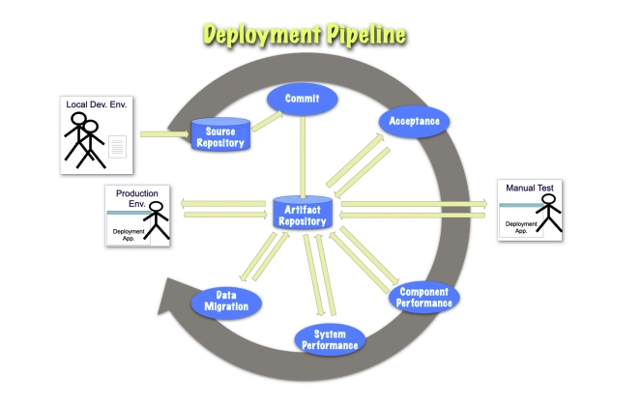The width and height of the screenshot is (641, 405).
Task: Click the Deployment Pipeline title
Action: click(305, 36)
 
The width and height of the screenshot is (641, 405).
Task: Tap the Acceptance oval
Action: click(414, 123)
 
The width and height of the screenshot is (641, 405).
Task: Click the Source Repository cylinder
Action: click(220, 136)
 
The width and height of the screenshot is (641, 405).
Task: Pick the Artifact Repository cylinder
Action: click(303, 212)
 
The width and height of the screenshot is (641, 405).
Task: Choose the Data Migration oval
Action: click(226, 302)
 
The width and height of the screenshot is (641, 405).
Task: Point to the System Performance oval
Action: click(329, 338)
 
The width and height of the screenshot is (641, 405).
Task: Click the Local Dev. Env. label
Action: click(96, 103)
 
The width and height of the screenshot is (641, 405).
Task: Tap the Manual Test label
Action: click(529, 187)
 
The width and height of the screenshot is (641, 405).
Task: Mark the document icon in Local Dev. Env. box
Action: click(117, 147)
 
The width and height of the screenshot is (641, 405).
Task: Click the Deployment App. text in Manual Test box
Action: click(518, 228)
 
